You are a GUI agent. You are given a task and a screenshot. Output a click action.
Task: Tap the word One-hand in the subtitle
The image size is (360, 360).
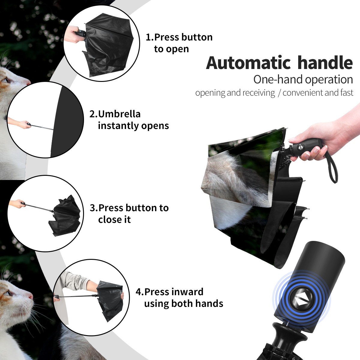click(x=278, y=79)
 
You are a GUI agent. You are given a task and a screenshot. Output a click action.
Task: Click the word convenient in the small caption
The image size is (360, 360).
click(x=302, y=92)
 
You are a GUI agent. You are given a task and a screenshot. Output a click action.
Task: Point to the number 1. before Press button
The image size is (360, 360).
click(x=150, y=37)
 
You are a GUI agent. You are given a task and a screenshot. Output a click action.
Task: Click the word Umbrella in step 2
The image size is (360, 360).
click(x=119, y=114)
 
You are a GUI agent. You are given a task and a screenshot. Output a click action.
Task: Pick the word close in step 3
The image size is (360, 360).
click(x=109, y=220)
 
